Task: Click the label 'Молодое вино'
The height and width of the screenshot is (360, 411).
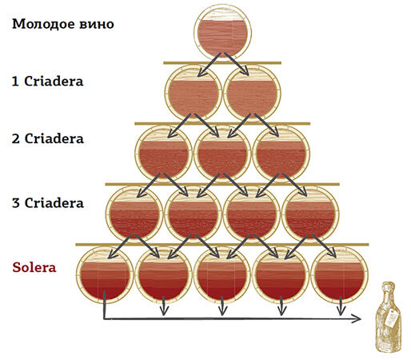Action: (x=63, y=24)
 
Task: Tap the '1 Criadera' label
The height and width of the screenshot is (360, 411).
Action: (x=48, y=81)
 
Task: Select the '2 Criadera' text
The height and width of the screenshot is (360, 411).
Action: (x=48, y=138)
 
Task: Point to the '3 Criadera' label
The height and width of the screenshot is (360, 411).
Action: (x=48, y=203)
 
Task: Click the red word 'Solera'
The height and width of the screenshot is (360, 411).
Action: (x=34, y=267)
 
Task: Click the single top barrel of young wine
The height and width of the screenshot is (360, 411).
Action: (x=222, y=33)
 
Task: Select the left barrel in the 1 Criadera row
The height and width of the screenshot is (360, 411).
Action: (x=194, y=94)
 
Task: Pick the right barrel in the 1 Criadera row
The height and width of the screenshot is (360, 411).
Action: (x=252, y=94)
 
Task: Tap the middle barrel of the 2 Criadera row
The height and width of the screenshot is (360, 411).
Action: (x=222, y=154)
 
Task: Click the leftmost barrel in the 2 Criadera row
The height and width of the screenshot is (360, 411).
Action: (x=164, y=154)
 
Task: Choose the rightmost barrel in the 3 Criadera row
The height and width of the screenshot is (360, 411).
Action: (x=310, y=214)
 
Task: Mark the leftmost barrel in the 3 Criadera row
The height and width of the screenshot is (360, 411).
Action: (x=134, y=214)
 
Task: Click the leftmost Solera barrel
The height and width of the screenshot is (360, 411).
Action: (x=105, y=274)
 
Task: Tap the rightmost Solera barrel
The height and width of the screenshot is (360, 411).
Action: (x=340, y=274)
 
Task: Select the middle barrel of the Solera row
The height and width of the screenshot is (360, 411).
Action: (x=222, y=274)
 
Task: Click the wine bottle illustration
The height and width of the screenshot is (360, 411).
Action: (x=389, y=318)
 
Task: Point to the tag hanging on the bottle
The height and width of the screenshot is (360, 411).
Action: (x=391, y=318)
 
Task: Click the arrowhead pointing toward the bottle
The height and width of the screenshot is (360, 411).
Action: (x=357, y=318)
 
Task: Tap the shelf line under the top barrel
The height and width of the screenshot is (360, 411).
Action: (x=222, y=63)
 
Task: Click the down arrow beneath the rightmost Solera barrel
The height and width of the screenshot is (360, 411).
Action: (x=340, y=306)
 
